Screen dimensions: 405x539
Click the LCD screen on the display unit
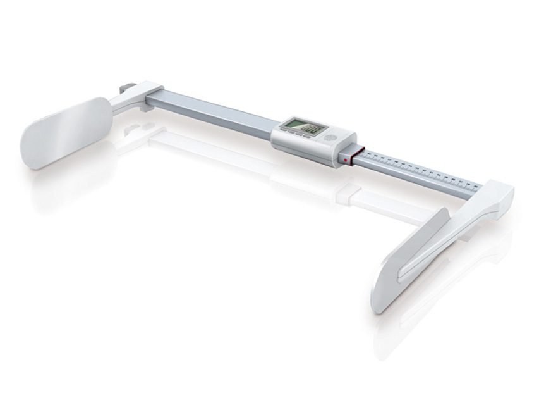pos(301,127)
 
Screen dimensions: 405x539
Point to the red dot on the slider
pos(345,161)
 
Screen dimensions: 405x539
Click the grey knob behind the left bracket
pos(126,86)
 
